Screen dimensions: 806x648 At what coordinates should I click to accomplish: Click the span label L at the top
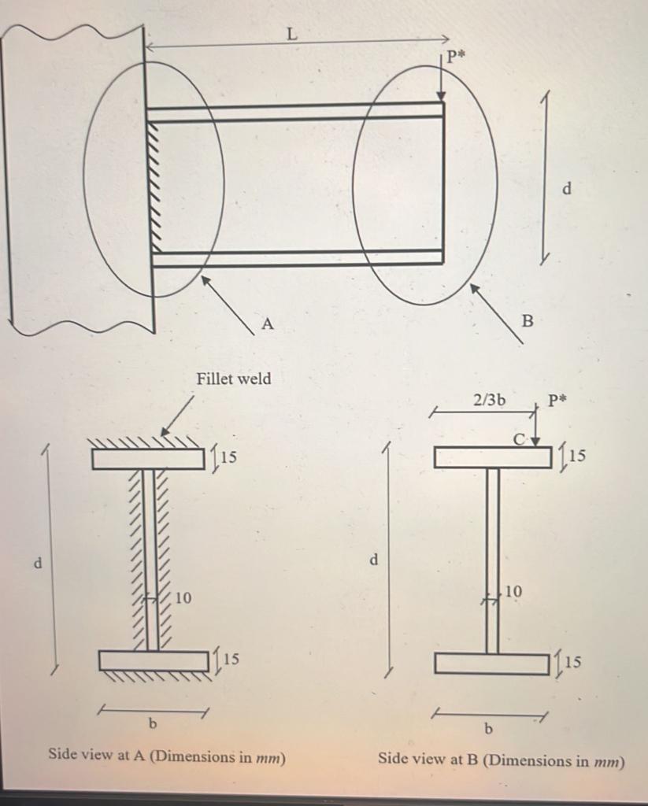click(291, 33)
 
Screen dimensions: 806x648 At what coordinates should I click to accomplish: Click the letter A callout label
click(267, 324)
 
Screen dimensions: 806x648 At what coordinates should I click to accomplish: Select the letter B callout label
click(528, 320)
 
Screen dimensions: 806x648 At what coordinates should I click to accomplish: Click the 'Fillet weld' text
click(233, 379)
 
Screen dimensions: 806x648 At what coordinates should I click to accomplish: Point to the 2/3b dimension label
click(489, 400)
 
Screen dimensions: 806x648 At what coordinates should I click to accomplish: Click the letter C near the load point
click(520, 438)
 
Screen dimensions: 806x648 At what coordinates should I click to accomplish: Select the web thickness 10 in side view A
click(182, 598)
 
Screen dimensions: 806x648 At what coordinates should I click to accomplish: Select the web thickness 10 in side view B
click(513, 590)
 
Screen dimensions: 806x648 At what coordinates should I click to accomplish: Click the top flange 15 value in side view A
click(229, 457)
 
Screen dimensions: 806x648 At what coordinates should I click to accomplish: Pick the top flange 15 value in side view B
click(577, 456)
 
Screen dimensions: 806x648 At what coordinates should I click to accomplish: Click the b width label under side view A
click(152, 723)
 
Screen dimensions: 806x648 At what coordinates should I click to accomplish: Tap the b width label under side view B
click(487, 728)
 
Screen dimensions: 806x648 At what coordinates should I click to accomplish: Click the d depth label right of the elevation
click(567, 188)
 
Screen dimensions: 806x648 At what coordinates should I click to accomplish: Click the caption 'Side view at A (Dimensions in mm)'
click(167, 756)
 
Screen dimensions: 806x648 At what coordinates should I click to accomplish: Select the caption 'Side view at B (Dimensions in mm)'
click(501, 760)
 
